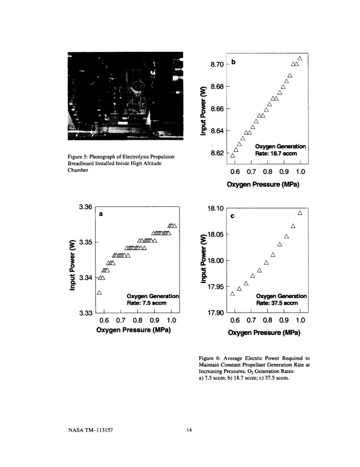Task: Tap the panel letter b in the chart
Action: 234,62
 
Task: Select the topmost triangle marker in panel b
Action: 300,58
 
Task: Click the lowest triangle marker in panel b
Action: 233,156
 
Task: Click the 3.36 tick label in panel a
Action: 86,208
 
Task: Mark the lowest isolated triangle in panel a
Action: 100,292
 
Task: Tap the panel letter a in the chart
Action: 101,215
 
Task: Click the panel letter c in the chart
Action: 233,216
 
